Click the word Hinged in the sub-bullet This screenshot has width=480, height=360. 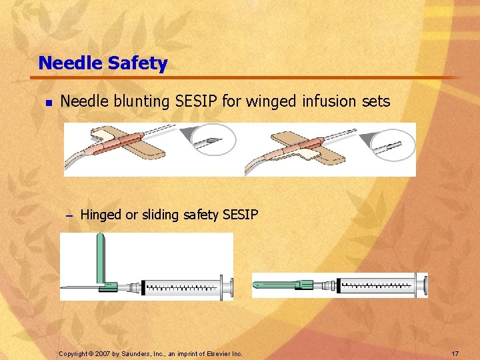pos(101,215)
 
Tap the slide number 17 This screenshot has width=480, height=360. pos(455,353)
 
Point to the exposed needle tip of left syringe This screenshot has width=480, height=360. pos(64,288)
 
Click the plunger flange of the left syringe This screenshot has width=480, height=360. pos(231,287)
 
